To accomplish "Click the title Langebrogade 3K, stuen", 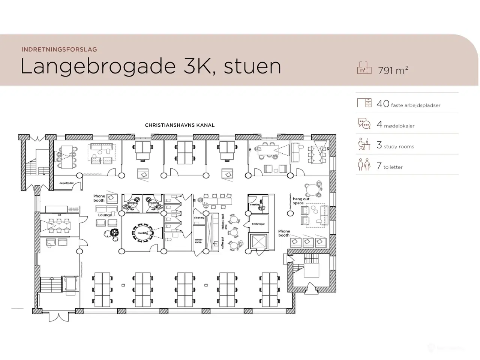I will (150, 66).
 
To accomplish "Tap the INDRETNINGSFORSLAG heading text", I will (59, 49).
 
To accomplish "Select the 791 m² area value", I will (393, 70).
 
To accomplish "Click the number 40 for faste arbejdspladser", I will (383, 104).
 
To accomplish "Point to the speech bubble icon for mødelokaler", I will (364, 123).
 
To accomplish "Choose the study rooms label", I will (399, 147).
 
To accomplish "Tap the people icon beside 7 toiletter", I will (364, 165).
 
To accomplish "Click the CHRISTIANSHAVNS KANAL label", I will (180, 125).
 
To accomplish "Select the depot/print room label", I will (66, 183).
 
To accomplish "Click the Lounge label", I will (105, 215).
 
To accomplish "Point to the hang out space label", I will (301, 201).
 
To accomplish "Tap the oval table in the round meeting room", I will (142, 233).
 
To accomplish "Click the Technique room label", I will (258, 224).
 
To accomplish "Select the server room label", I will (198, 241).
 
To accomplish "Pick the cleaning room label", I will (199, 217).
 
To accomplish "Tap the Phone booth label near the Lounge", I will (99, 198).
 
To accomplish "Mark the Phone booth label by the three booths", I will (284, 233).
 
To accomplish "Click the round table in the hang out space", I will (312, 190).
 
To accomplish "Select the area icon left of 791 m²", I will (364, 68).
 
